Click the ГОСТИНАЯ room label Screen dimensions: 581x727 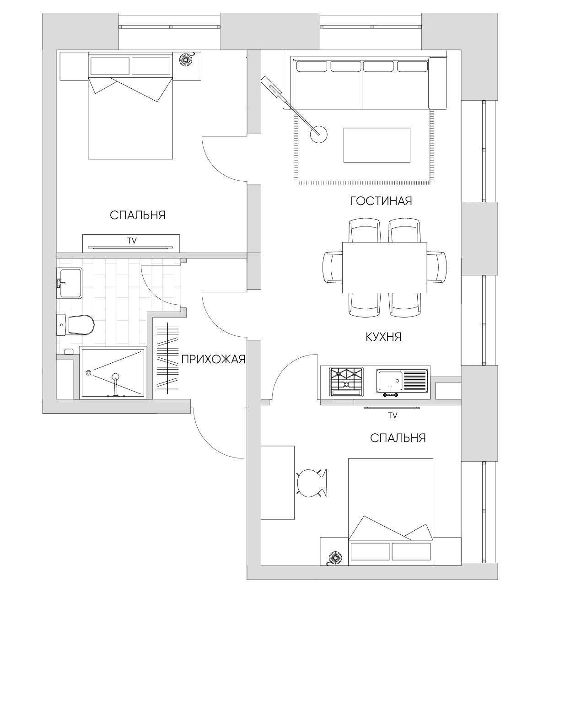(381, 201)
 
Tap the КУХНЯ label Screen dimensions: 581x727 (383, 337)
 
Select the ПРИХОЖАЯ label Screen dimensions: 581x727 (213, 360)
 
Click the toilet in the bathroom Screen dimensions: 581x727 (75, 325)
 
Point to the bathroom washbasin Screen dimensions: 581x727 (69, 283)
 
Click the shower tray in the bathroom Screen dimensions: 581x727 (113, 372)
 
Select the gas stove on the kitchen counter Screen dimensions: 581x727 (347, 382)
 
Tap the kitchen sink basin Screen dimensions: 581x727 (390, 381)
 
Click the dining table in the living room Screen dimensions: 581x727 (384, 267)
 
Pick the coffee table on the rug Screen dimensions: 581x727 (377, 145)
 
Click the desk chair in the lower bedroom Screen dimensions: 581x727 (312, 483)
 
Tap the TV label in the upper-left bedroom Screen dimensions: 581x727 (132, 241)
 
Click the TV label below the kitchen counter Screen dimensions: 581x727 (393, 415)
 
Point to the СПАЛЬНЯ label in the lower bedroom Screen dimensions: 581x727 (398, 438)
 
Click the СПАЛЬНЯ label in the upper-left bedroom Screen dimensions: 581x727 (138, 215)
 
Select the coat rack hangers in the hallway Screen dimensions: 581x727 (167, 359)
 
